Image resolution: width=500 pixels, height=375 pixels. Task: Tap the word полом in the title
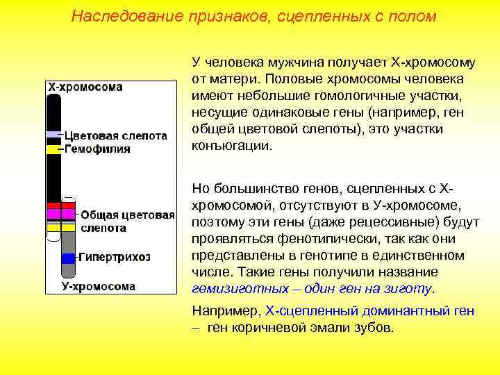tap(412, 16)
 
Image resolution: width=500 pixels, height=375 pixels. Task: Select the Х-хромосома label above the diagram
tap(84, 87)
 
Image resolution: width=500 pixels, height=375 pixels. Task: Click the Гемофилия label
tap(97, 149)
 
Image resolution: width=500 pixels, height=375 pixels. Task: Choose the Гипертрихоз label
tap(114, 257)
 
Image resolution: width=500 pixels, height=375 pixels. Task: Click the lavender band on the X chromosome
tap(54, 134)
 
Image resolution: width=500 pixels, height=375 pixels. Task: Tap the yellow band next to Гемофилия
tap(54, 149)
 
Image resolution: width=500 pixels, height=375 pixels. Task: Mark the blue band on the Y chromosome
tap(68, 258)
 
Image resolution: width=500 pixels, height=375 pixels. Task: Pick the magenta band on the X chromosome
tap(54, 215)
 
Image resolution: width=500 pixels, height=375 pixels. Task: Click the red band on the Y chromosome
tap(68, 206)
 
